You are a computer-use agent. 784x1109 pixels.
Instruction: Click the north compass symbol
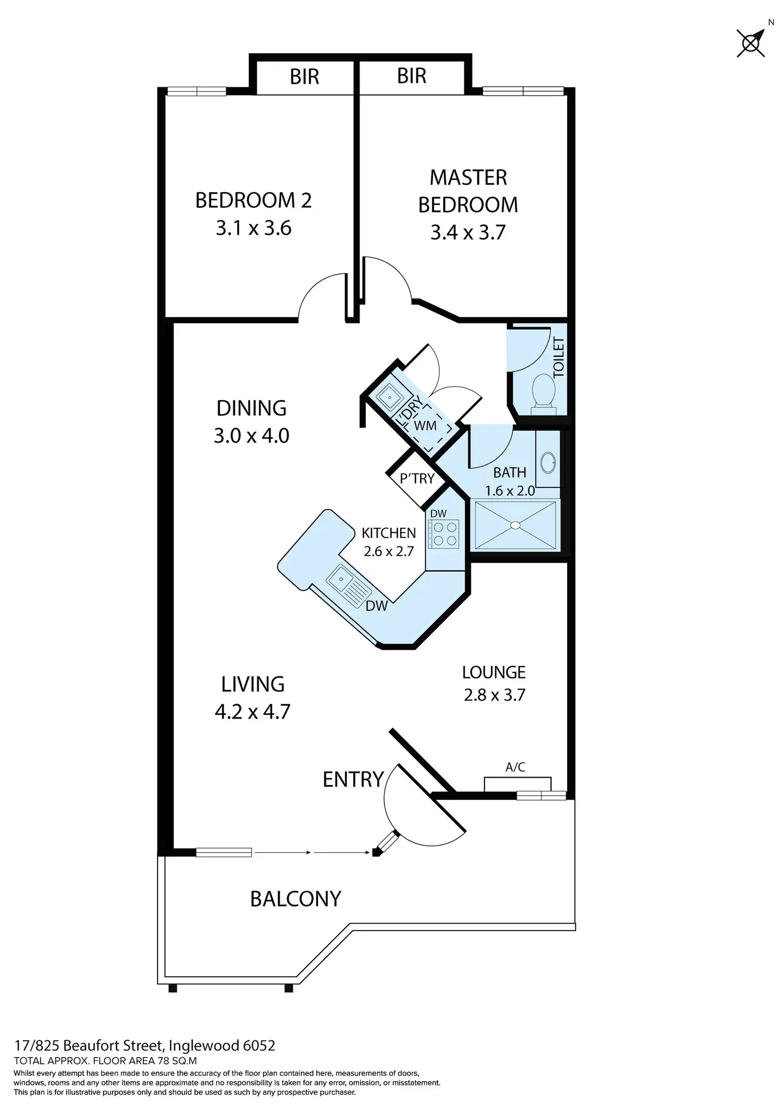(751, 43)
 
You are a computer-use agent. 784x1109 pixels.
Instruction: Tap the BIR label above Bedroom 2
(304, 77)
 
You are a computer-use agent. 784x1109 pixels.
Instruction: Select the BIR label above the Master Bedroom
(412, 76)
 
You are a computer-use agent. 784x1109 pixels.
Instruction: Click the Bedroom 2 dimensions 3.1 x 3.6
(254, 229)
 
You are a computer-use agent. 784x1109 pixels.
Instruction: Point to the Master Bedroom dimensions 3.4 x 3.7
(468, 233)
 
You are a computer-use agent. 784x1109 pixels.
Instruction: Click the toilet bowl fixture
(543, 390)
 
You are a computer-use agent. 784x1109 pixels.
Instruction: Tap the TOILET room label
(559, 357)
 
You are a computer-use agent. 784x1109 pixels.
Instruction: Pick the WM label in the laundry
(425, 426)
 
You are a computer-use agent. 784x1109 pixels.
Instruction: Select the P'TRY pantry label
(417, 478)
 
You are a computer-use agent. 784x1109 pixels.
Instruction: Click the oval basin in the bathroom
(548, 462)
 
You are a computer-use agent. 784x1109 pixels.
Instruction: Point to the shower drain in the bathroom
(515, 525)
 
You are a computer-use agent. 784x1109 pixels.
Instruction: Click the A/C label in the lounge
(515, 767)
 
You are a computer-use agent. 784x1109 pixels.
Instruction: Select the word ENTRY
(353, 780)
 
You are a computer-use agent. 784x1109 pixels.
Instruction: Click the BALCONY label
(296, 899)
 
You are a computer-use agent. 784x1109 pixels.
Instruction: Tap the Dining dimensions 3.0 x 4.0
(251, 436)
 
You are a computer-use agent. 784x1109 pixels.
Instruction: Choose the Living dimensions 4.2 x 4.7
(252, 712)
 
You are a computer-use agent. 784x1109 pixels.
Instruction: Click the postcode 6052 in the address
(259, 1046)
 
